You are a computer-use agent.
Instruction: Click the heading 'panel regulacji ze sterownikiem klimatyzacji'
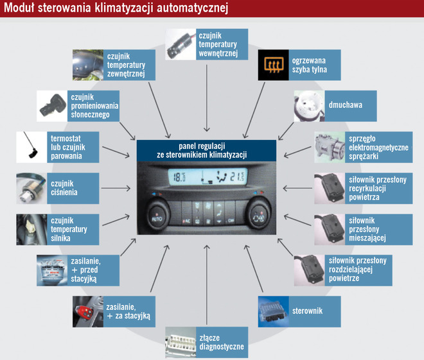tap(206, 150)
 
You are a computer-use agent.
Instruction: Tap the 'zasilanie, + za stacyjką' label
tap(128, 311)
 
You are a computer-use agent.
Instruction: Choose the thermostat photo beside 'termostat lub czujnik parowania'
tap(30, 146)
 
